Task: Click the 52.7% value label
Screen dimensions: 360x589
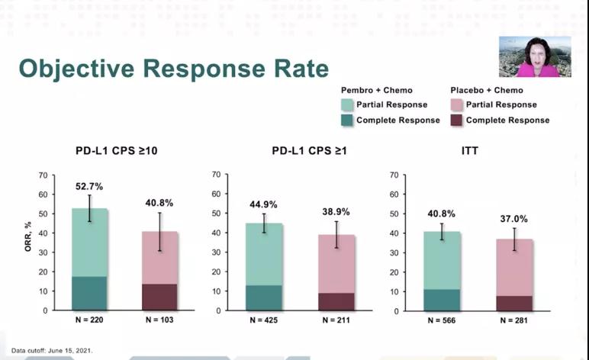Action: coord(89,185)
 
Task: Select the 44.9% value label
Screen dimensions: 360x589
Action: coord(263,204)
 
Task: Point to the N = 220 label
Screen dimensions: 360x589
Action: coord(89,320)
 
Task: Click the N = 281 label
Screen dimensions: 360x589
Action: coord(515,320)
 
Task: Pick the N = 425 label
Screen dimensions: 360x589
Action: coord(263,320)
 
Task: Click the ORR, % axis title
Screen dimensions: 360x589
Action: coord(27,243)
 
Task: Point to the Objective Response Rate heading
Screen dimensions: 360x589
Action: coord(174,68)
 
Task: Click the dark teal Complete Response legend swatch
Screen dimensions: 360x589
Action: coord(348,120)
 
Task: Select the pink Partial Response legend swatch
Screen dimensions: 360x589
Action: coord(457,104)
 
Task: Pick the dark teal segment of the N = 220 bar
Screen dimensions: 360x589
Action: coord(89,294)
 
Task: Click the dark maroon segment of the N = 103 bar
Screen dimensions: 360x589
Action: coord(159,297)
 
